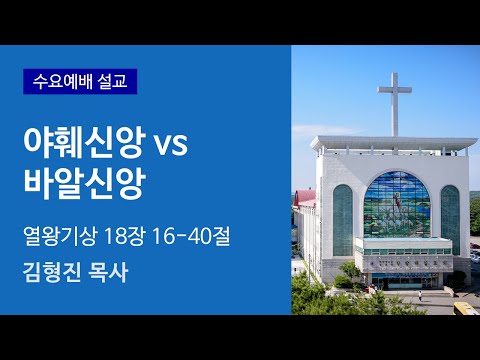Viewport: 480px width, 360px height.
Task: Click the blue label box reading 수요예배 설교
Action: pyautogui.click(x=79, y=80)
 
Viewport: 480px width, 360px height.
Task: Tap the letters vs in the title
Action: pyautogui.click(x=170, y=146)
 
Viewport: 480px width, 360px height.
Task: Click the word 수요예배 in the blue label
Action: pyautogui.click(x=63, y=80)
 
